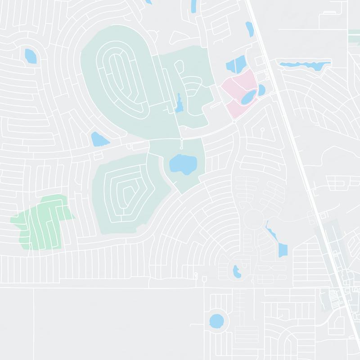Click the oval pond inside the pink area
(248, 96)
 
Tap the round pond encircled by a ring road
(216, 321)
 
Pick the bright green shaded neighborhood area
(40, 220)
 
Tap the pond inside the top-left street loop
(31, 56)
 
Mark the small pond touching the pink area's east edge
(261, 90)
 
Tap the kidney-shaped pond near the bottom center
(236, 271)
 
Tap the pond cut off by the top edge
(193, 5)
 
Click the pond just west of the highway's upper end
(249, 30)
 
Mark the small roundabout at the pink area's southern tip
(234, 121)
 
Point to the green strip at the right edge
(354, 36)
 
